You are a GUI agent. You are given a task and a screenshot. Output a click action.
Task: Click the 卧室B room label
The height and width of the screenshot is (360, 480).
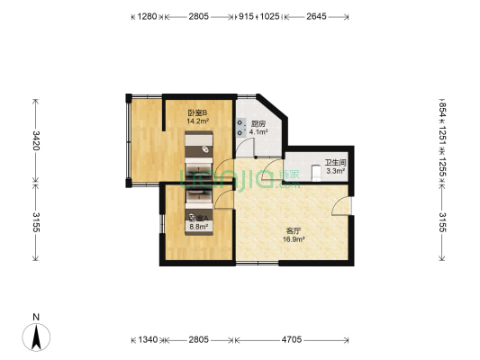[x=198, y=112]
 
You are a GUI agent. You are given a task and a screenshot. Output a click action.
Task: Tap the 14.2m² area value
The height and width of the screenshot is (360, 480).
[x=198, y=121]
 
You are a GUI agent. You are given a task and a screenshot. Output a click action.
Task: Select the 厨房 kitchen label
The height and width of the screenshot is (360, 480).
[x=258, y=124]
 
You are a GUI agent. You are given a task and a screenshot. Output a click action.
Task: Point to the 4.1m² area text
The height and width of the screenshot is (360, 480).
[x=258, y=132]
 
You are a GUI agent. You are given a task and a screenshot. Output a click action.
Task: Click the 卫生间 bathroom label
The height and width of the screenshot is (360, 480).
[x=336, y=162]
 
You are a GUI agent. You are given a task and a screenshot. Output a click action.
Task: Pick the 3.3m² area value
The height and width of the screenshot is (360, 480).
[x=336, y=170]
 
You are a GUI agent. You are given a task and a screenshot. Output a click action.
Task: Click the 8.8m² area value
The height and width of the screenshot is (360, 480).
[x=199, y=227]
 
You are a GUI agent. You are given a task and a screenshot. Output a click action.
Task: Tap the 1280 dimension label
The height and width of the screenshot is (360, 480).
[x=146, y=16]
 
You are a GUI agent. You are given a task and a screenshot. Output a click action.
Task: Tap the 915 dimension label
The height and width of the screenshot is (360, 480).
[x=246, y=16]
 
